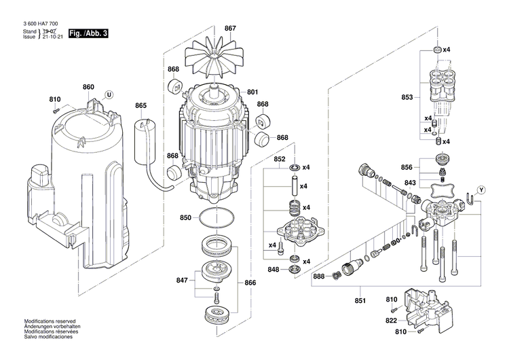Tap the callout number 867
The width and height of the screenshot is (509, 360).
pos(230,28)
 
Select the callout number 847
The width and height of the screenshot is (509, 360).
pos(181,280)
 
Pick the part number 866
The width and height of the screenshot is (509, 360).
pos(250,283)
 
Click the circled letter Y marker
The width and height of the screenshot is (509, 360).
pos(482,189)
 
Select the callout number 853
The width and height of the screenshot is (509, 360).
pos(407,98)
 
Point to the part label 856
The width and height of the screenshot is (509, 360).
pos(407,167)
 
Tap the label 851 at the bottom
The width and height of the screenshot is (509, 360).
pos(360,301)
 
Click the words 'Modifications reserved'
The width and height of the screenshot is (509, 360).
pos(50,321)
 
